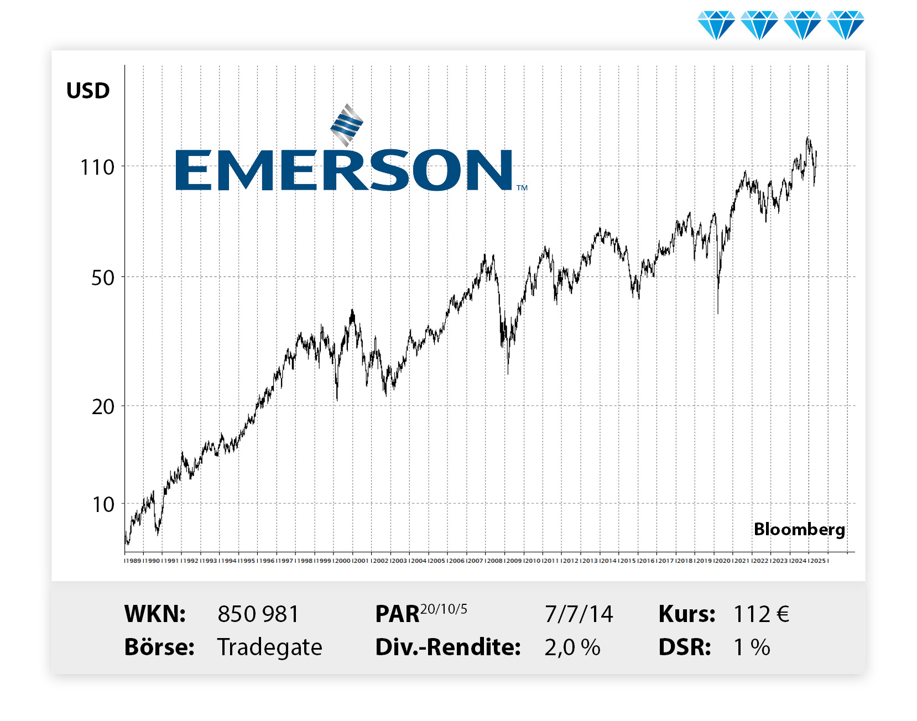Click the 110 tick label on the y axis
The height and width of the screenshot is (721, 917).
[97, 167]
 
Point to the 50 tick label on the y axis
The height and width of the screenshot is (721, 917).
[103, 278]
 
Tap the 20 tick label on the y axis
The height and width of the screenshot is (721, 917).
[103, 407]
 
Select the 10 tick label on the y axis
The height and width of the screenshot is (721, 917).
[103, 505]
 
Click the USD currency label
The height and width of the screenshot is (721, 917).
[88, 91]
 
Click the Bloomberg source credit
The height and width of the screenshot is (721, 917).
[799, 529]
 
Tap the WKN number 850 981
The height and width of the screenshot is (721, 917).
[258, 614]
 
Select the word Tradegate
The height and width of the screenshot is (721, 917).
[269, 647]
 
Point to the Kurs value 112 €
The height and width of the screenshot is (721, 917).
[761, 614]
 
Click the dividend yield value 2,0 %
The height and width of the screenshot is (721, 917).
[572, 647]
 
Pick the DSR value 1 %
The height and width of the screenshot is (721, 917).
[752, 647]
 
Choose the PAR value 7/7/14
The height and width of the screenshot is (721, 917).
[579, 614]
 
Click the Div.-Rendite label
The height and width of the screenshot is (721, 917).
[448, 647]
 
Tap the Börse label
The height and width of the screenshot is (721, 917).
[159, 647]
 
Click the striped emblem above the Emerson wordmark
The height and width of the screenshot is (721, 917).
[347, 125]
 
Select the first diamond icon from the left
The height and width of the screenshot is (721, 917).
[716, 25]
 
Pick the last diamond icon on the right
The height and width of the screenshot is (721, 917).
[846, 25]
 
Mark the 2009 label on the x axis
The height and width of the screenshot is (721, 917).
[514, 561]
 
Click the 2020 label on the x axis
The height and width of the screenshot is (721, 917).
[723, 561]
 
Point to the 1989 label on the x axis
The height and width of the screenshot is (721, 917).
[133, 561]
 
